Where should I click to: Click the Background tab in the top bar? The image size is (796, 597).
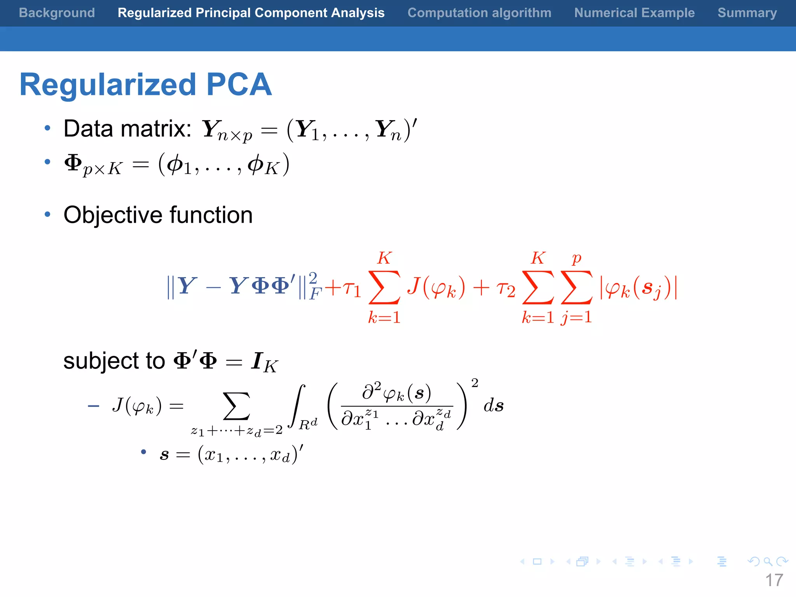(x=57, y=13)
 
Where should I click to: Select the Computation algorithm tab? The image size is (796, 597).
(x=479, y=13)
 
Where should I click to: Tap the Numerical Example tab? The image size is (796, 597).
(x=634, y=13)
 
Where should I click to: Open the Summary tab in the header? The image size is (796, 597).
(x=747, y=13)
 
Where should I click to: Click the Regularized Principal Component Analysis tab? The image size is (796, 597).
(x=251, y=13)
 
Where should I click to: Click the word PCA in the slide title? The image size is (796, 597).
(x=239, y=84)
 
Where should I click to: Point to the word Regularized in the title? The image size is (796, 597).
(x=108, y=85)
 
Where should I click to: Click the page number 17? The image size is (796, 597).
(x=774, y=580)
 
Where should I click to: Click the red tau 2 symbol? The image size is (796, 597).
(x=506, y=289)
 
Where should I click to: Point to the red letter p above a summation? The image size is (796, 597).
(x=577, y=258)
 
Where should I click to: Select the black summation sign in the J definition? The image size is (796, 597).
(x=236, y=406)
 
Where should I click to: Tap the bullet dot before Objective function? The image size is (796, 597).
(x=47, y=214)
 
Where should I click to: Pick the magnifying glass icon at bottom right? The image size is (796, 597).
(x=768, y=561)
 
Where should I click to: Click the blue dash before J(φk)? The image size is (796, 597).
(x=94, y=407)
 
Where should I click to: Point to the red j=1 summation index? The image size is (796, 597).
(x=576, y=317)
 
